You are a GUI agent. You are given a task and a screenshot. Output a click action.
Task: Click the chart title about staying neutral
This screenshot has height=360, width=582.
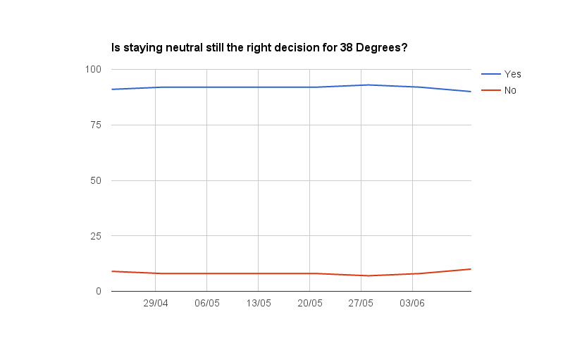(x=260, y=49)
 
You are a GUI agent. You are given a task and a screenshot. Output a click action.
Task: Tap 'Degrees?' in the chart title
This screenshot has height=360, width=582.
(x=384, y=49)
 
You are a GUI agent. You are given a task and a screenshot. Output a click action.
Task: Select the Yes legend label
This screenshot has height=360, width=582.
(x=512, y=74)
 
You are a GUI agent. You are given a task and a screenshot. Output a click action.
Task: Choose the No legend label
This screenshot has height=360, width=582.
(x=511, y=90)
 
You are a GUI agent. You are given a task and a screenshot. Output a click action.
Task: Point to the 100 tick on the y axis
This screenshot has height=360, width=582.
(x=94, y=69)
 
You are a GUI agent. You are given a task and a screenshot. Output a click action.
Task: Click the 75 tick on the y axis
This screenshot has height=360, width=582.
(x=97, y=125)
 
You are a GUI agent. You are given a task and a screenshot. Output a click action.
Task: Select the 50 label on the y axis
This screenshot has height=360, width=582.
(x=97, y=180)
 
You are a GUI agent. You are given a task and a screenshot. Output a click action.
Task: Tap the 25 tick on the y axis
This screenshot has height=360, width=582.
(x=97, y=236)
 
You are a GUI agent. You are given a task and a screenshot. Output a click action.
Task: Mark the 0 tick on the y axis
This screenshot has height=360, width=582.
(x=99, y=291)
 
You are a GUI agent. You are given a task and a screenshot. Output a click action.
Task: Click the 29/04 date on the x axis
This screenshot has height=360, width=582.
(x=156, y=304)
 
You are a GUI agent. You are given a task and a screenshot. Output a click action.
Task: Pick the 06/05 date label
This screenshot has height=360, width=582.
(x=207, y=304)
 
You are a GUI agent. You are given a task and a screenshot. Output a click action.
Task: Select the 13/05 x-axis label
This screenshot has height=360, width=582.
(x=259, y=304)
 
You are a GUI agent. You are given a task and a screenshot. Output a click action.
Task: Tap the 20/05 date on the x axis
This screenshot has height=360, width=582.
(x=310, y=304)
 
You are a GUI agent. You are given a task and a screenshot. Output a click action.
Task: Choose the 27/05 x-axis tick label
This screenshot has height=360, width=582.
(x=361, y=304)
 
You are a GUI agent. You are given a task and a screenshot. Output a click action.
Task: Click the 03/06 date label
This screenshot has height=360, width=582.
(x=412, y=304)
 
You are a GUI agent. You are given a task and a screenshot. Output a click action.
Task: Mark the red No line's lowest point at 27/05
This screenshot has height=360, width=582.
(x=368, y=275)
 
